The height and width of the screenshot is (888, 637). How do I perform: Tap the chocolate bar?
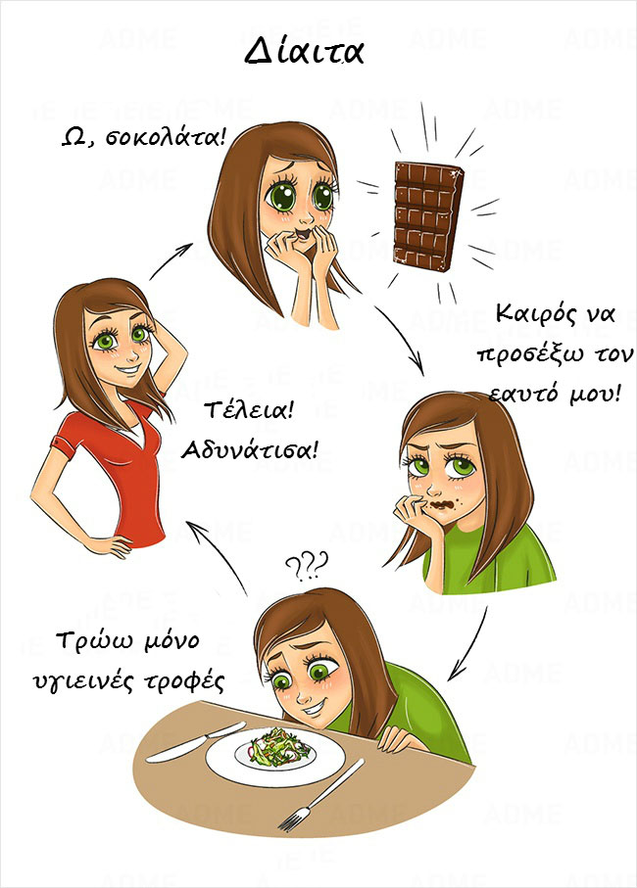(x=428, y=215)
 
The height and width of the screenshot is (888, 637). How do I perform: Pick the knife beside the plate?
(x=196, y=742)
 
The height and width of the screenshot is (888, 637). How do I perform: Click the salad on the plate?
(x=280, y=747)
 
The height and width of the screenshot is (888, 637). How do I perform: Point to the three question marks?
(x=307, y=566)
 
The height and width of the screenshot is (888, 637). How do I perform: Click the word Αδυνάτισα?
(x=249, y=450)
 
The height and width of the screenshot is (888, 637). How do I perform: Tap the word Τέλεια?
(x=249, y=409)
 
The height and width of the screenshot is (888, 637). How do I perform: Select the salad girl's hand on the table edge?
(x=397, y=740)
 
